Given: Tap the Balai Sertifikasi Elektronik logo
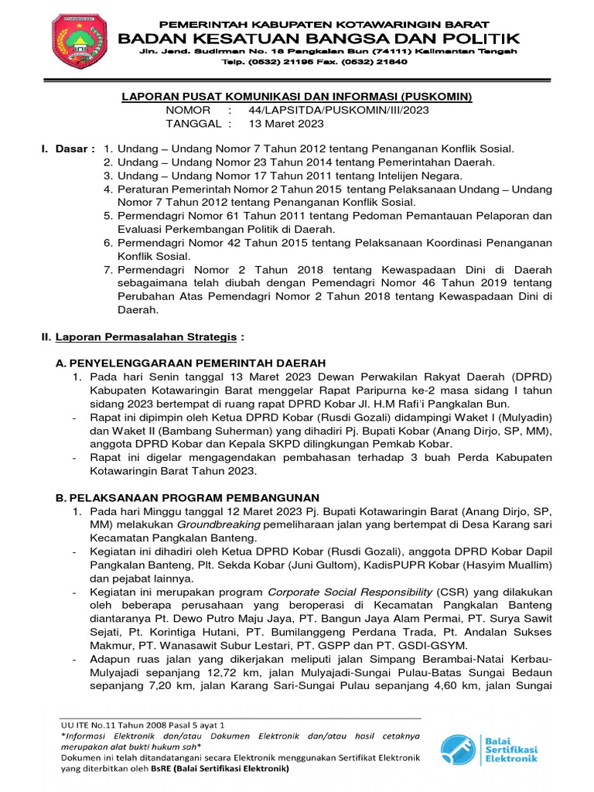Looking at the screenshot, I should click(x=490, y=748).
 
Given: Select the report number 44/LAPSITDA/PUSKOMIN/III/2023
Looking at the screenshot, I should click(x=339, y=111).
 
